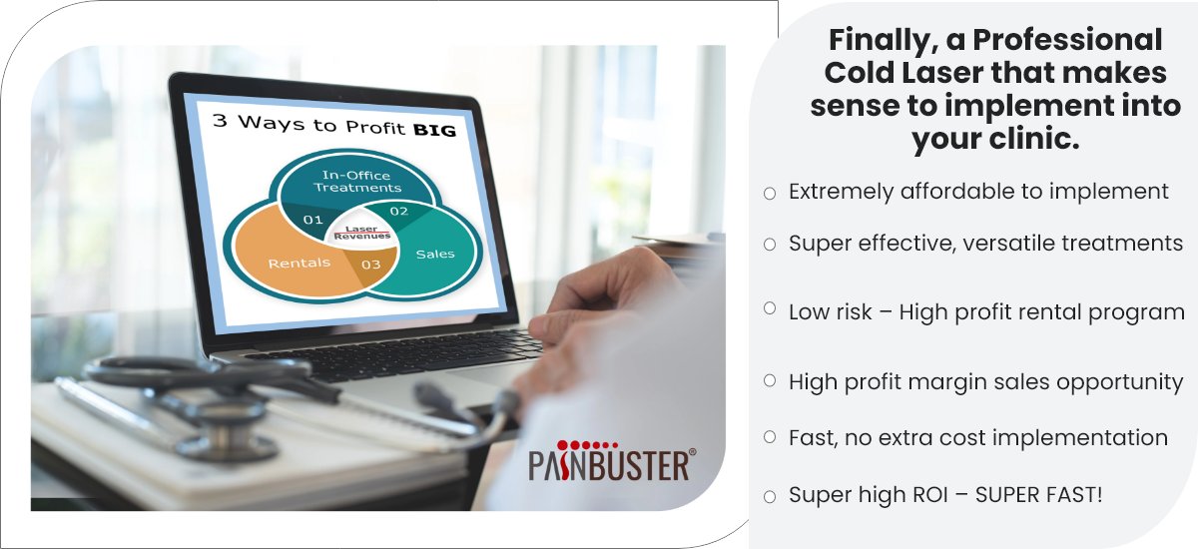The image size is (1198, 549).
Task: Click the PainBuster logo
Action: pyautogui.click(x=612, y=461)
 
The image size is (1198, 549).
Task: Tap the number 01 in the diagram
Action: pyautogui.click(x=312, y=220)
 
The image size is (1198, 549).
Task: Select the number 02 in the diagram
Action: pyautogui.click(x=399, y=212)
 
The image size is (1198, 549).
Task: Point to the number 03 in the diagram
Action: pyautogui.click(x=370, y=265)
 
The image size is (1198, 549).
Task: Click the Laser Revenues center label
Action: pyautogui.click(x=362, y=233)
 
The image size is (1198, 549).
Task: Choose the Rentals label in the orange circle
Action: pyautogui.click(x=299, y=263)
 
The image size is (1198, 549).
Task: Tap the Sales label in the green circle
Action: pyautogui.click(x=435, y=254)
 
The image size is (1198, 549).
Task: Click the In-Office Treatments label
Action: pyautogui.click(x=356, y=182)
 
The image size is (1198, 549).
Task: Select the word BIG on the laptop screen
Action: pyautogui.click(x=434, y=130)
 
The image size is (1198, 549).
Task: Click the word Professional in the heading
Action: pyautogui.click(x=1067, y=40)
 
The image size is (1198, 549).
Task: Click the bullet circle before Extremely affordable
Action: pyautogui.click(x=770, y=194)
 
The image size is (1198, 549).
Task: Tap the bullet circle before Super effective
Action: pyautogui.click(x=770, y=245)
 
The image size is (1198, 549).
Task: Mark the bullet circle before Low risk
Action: pyautogui.click(x=770, y=307)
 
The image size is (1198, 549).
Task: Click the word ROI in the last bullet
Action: pyautogui.click(x=930, y=495)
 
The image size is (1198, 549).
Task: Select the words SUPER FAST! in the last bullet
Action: pyautogui.click(x=1038, y=495)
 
